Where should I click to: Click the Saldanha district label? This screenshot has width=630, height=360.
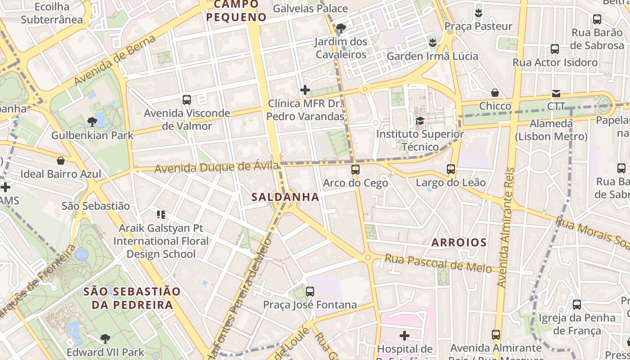tap(285, 197)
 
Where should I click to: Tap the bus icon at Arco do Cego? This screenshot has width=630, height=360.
tap(355, 170)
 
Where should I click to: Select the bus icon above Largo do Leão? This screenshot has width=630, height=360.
tap(451, 169)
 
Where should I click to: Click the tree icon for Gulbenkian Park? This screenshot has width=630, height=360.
tap(92, 121)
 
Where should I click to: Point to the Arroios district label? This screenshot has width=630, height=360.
tap(459, 243)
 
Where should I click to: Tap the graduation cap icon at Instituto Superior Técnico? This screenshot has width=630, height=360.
tap(420, 121)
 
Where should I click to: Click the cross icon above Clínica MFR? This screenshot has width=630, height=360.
tap(305, 90)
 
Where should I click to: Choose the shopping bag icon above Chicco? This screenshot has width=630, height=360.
tap(495, 93)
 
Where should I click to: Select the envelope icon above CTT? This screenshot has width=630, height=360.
tap(556, 93)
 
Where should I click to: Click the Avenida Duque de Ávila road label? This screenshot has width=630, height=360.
tap(216, 167)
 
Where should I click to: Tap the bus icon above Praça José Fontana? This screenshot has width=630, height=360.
tap(310, 291)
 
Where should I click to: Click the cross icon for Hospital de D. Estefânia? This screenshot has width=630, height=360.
tap(405, 335)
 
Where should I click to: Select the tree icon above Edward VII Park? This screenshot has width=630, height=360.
tap(105, 338)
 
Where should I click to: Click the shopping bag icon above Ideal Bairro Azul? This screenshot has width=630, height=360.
tap(61, 161)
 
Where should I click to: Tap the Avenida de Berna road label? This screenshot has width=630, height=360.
tap(115, 59)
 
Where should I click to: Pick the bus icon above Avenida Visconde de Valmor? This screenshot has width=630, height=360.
tap(187, 100)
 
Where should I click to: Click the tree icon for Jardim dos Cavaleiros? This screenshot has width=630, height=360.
tap(341, 28)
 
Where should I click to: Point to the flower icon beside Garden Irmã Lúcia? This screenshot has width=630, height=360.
tap(432, 43)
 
